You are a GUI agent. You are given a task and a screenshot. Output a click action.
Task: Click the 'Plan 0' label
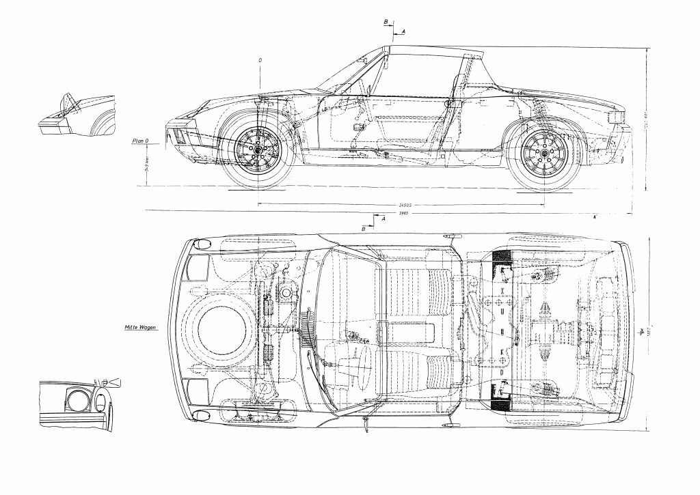point(140,141)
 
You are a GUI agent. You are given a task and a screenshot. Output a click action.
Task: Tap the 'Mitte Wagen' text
point(140,328)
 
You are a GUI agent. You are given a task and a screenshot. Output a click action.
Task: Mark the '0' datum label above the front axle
point(260,60)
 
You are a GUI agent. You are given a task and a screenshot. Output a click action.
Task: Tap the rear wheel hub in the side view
point(544,157)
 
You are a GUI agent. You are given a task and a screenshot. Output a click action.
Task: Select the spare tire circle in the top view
point(222,328)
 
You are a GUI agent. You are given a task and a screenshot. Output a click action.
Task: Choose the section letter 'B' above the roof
point(386,22)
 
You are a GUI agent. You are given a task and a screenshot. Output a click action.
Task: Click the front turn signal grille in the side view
point(178,135)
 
